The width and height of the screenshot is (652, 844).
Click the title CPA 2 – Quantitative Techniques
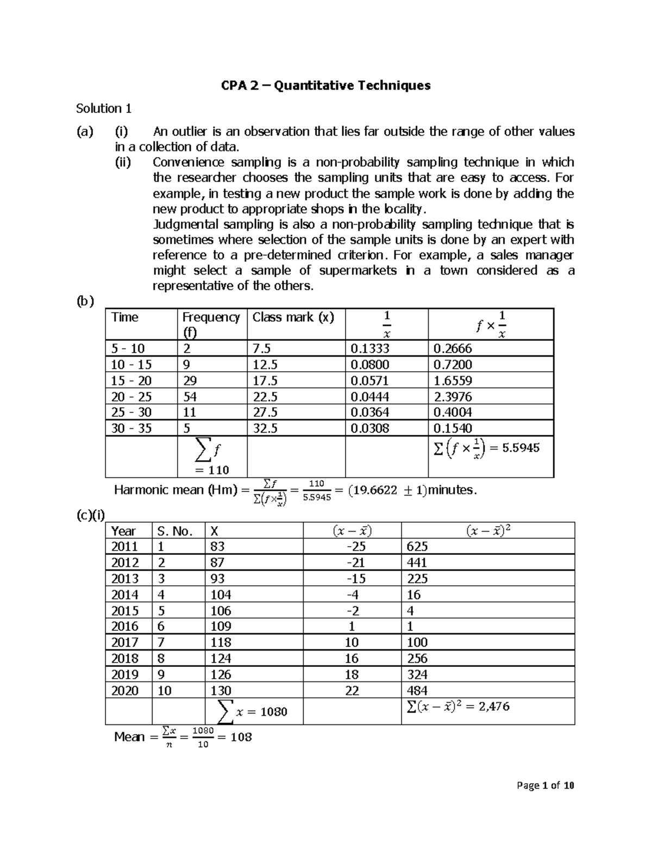tap(325, 85)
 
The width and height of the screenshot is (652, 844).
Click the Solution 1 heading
tap(104, 109)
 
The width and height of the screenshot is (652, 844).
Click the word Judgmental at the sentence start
tap(185, 224)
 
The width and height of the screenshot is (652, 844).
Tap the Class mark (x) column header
tap(293, 317)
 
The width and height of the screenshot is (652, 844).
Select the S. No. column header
tap(175, 531)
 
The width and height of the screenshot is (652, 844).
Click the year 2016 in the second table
tap(124, 626)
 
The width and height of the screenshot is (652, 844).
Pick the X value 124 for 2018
tap(221, 658)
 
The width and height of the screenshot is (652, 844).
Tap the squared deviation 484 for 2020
tap(417, 690)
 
